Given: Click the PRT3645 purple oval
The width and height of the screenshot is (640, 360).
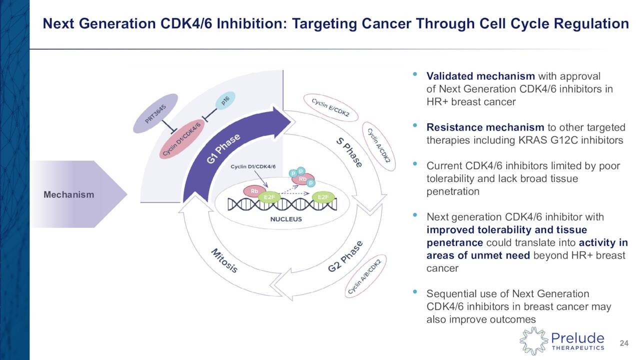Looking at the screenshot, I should click(155, 113).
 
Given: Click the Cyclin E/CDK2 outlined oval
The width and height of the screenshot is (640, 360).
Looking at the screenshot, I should click(330, 108).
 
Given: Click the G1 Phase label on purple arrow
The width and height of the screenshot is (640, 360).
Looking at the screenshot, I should click(224, 149).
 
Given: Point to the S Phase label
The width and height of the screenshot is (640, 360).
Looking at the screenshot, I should click(348, 152).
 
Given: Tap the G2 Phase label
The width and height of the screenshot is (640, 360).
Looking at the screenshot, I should click(345, 256).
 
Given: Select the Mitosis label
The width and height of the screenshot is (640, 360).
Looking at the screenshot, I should click(223, 260).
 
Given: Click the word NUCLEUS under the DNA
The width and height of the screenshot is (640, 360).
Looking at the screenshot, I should click(286, 219).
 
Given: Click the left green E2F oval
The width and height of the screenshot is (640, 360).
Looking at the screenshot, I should click(268, 197).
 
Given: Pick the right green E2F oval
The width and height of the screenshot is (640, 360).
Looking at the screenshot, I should click(323, 197).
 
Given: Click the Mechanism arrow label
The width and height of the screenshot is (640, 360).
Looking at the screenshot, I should click(68, 194).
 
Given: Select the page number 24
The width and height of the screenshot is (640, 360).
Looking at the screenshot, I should click(624, 343).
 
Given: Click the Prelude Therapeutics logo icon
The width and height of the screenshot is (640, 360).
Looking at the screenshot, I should click(533, 341).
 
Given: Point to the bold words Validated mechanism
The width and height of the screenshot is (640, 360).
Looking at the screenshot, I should click(480, 76).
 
